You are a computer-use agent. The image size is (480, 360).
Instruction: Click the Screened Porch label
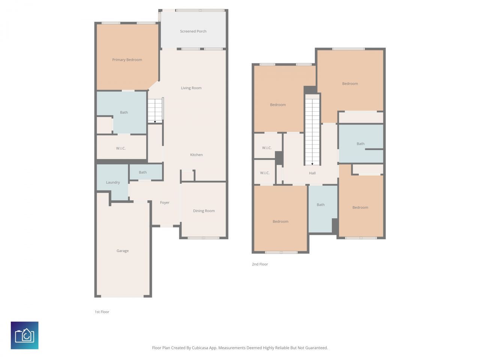tap(193, 31)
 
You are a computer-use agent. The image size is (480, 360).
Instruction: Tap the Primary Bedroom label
tap(127, 60)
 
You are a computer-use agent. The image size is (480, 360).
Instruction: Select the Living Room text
tap(191, 88)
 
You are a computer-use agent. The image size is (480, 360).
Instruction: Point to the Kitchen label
tap(196, 155)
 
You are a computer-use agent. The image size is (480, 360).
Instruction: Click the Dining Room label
tap(204, 211)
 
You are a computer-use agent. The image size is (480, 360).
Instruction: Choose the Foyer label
tap(165, 202)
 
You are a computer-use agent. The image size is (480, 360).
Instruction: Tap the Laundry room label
tap(113, 183)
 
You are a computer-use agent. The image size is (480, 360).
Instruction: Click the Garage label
tap(123, 251)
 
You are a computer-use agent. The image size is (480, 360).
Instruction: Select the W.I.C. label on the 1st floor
tap(121, 148)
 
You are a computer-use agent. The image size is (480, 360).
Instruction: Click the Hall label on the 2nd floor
tap(312, 173)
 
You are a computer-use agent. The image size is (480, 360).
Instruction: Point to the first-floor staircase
tap(155, 110)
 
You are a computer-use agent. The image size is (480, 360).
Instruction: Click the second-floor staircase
tap(312, 129)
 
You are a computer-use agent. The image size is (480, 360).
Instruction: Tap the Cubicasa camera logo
tap(25, 335)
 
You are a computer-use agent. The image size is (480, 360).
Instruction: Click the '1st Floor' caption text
tap(102, 312)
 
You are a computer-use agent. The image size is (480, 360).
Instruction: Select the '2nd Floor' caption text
tap(260, 264)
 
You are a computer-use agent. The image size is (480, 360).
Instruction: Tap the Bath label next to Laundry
tap(143, 172)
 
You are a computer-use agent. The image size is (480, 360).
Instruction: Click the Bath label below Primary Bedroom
tap(124, 112)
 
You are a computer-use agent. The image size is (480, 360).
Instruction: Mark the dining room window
tap(203, 238)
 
